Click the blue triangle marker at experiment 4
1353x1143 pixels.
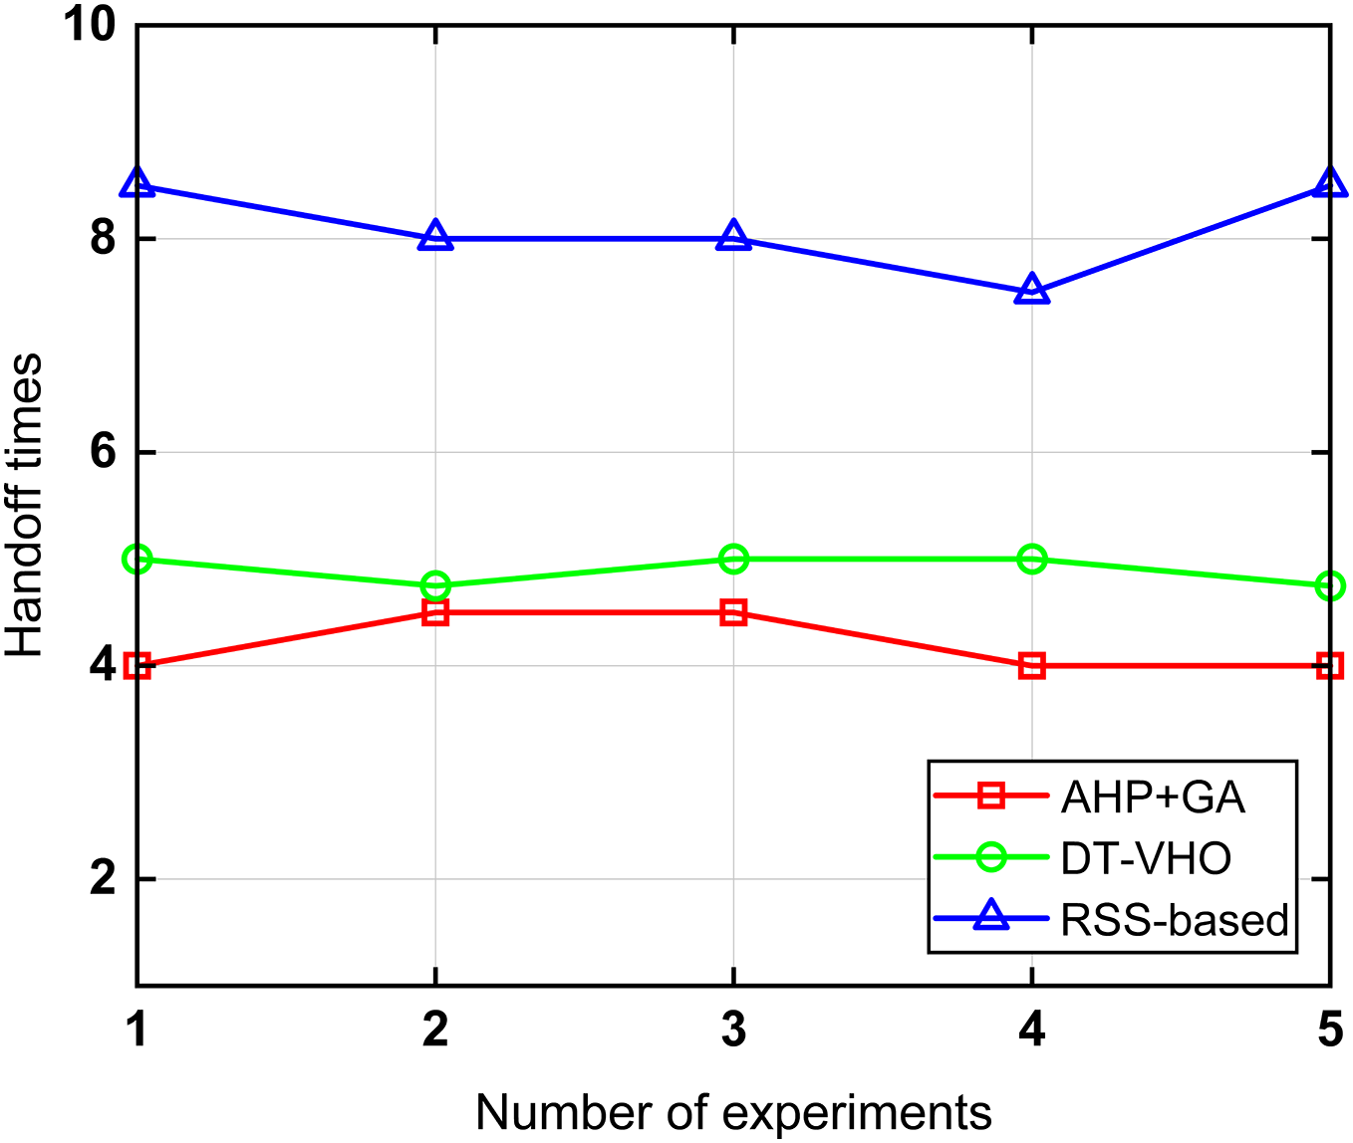1032,290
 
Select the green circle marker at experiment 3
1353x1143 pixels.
733,560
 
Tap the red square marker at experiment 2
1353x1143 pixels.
435,612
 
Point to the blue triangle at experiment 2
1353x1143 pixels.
435,237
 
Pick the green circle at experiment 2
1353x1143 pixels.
435,585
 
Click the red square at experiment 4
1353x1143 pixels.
1032,666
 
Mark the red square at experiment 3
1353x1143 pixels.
733,612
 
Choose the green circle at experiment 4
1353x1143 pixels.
1032,560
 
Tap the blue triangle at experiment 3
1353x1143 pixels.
733,237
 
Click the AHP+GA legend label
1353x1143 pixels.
1153,797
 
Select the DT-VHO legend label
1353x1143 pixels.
1146,858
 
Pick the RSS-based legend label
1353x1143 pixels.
1175,920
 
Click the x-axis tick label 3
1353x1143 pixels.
733,1029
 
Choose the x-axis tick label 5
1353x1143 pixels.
1330,1029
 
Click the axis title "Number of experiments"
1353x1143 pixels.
733,1112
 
